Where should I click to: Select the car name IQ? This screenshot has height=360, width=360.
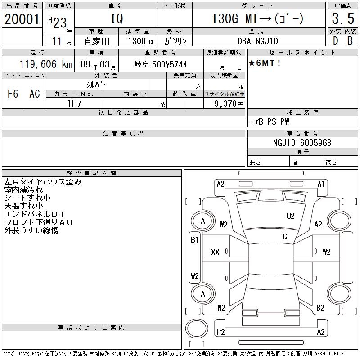click(116, 19)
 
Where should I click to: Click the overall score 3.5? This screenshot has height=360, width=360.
click(343, 19)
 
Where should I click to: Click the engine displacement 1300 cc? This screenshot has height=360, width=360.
click(141, 41)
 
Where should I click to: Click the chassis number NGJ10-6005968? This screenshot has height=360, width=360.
click(302, 143)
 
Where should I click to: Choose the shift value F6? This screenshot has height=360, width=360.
click(13, 94)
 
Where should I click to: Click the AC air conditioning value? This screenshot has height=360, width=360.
click(35, 94)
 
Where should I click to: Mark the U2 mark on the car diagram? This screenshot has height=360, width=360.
click(291, 216)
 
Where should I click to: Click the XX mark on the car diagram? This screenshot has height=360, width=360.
click(215, 252)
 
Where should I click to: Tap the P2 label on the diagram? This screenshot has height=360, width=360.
click(221, 332)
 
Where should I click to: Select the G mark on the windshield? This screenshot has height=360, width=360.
click(284, 237)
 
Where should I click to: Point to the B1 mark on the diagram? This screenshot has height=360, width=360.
click(194, 240)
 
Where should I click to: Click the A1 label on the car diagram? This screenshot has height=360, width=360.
click(321, 184)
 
